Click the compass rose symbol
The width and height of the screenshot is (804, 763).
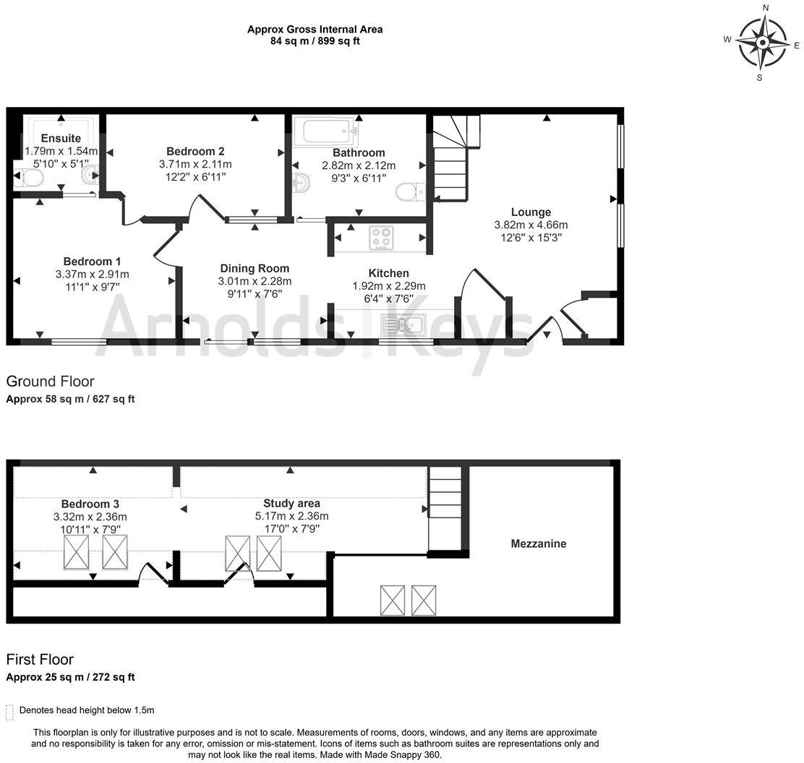(762, 43)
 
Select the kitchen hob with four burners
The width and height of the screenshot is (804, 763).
(381, 238)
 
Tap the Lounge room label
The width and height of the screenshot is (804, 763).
(531, 212)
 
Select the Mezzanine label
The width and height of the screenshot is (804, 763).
(538, 543)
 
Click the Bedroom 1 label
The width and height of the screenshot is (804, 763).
(92, 262)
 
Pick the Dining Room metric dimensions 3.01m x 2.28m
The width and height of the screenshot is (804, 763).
(255, 281)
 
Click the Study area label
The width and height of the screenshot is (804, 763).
(291, 503)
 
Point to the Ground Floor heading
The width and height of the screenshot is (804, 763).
(51, 381)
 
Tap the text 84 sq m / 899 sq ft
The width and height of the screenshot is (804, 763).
(315, 41)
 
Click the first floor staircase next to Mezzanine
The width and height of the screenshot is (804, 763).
(445, 509)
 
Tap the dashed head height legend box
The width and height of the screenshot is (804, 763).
(9, 712)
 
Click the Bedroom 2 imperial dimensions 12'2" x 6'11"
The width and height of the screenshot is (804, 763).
(195, 177)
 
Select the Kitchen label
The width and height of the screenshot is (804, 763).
(388, 273)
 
